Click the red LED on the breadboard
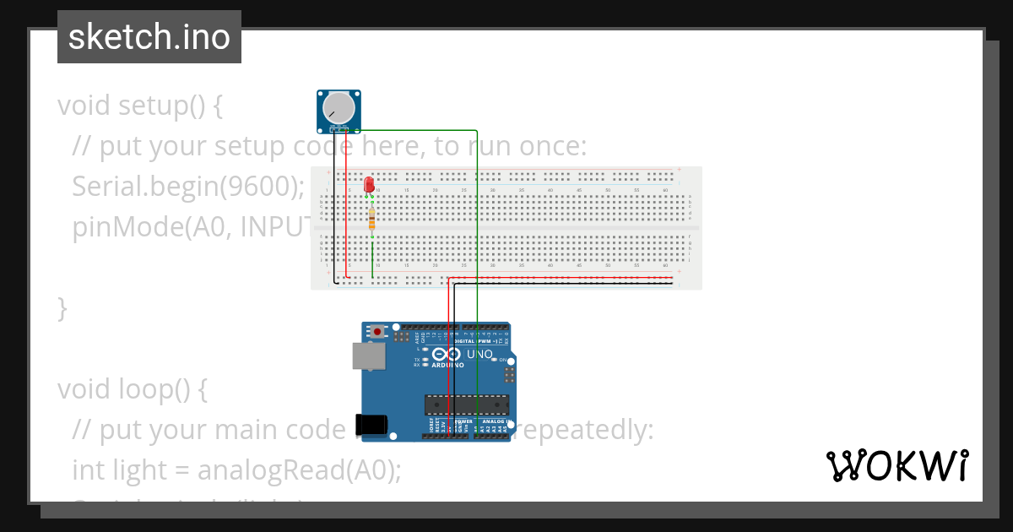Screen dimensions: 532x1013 (x=369, y=184)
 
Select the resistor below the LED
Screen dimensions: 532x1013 (x=372, y=220)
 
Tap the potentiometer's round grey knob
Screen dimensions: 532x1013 (x=339, y=108)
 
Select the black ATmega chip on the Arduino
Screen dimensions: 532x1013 (x=467, y=404)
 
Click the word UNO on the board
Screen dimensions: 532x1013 (x=479, y=355)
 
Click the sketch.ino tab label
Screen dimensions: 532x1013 (x=149, y=37)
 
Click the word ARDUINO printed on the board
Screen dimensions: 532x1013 (x=447, y=366)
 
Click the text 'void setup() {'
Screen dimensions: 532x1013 (x=139, y=106)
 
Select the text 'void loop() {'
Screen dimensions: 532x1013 (x=132, y=390)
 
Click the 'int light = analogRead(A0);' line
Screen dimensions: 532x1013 (x=236, y=470)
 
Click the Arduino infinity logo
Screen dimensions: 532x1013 (x=447, y=355)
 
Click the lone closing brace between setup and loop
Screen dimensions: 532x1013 (x=62, y=309)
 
